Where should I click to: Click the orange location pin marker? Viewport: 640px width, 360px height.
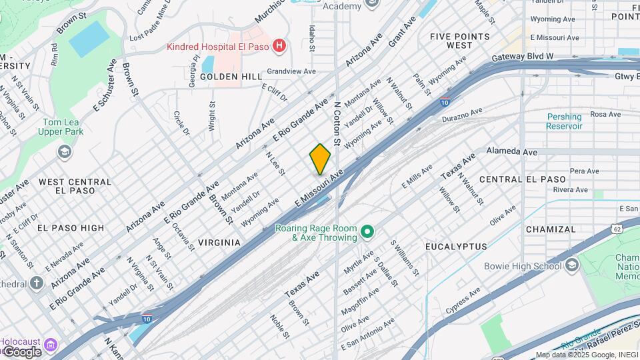pos(320,159)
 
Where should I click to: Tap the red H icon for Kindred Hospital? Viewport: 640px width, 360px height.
pos(279,46)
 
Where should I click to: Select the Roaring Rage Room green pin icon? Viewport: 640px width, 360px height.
pos(367,233)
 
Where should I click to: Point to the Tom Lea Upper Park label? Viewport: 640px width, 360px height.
pos(63,127)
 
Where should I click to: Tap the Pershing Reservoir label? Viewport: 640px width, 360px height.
pos(564,121)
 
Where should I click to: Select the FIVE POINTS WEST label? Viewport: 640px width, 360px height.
pos(460,41)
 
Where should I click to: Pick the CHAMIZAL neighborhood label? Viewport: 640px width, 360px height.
pos(550,229)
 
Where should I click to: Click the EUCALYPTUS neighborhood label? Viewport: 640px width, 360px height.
pos(457,247)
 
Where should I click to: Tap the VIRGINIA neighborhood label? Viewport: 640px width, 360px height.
pos(219,243)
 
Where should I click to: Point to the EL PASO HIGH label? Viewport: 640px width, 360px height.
pos(71,227)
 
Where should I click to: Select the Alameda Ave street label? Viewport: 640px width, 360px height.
pos(512,152)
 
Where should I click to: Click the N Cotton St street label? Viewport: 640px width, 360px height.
pos(337,124)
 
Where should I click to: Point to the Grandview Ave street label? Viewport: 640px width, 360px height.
pos(291,71)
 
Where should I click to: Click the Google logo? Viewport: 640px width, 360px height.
pos(21,351)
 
